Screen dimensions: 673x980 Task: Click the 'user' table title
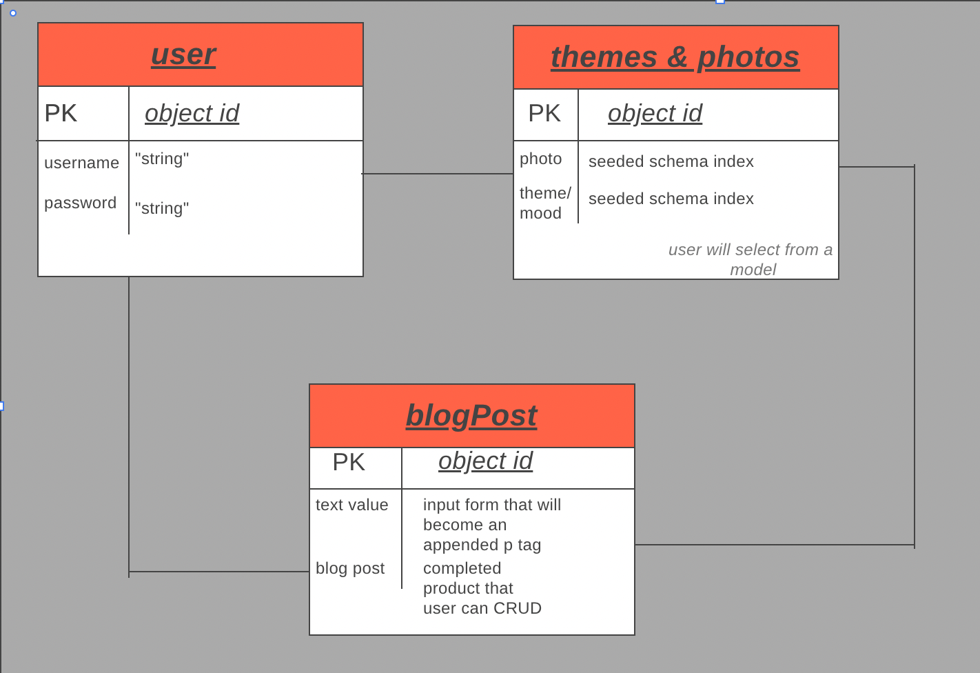pyautogui.click(x=183, y=54)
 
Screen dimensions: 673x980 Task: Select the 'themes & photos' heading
pyautogui.click(x=675, y=57)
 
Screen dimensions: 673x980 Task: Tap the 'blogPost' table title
pyautogui.click(x=471, y=416)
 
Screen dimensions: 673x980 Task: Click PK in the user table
pyautogui.click(x=61, y=113)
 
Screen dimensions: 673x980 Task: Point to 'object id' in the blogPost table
pyautogui.click(x=485, y=461)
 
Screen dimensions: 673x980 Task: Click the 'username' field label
pyautogui.click(x=81, y=163)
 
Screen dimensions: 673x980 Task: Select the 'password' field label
pyautogui.click(x=80, y=203)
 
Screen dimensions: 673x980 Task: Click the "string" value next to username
pyautogui.click(x=162, y=159)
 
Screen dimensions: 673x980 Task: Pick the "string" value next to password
pyautogui.click(x=162, y=208)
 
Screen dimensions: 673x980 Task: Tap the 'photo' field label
pyautogui.click(x=540, y=159)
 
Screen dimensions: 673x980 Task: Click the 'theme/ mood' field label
pyautogui.click(x=544, y=203)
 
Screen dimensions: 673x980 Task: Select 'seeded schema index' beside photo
pyautogui.click(x=671, y=161)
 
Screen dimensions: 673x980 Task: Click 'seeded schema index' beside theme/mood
pyautogui.click(x=671, y=199)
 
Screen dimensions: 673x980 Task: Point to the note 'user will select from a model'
pyautogui.click(x=751, y=259)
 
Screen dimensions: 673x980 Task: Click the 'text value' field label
pyautogui.click(x=351, y=505)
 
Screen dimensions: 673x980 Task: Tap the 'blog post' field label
pyautogui.click(x=350, y=568)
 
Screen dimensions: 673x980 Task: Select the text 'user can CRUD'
pyautogui.click(x=482, y=608)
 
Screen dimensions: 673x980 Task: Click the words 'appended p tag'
pyautogui.click(x=482, y=545)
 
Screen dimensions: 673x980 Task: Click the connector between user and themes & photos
pyautogui.click(x=438, y=174)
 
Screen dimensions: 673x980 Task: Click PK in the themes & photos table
pyautogui.click(x=544, y=113)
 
